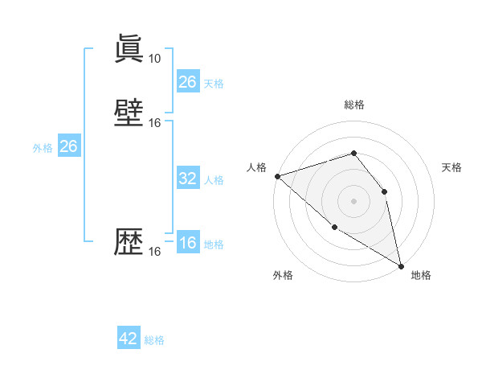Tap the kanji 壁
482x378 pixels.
pos(129,113)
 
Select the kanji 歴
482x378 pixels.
pos(129,241)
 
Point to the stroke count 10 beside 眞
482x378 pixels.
pos(154,59)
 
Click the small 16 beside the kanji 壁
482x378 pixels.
pos(155,123)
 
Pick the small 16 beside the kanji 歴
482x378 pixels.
pos(155,252)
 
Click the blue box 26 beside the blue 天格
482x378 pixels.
pos(187,82)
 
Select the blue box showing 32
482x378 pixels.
pos(187,179)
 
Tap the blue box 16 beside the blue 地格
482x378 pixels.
pos(187,244)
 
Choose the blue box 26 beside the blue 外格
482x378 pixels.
pos(68,146)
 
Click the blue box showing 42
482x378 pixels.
pos(128,339)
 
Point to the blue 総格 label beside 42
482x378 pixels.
pos(154,340)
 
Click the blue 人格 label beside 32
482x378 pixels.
pos(214,180)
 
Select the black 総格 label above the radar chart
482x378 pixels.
pos(353,105)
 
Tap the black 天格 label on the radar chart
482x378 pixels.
pos(451,167)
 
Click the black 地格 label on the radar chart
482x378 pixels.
pos(421,275)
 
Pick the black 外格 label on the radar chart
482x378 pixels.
pos(283,275)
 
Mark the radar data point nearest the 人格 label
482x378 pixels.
pos(277,176)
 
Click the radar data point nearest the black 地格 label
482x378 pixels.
pos(400,265)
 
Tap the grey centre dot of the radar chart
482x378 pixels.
pos(353,201)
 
